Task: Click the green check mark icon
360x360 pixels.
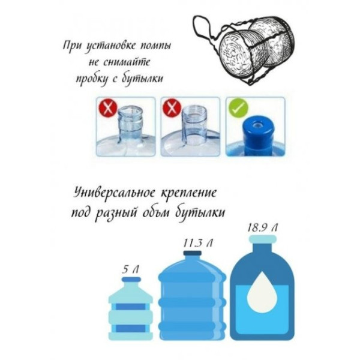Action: (238, 108)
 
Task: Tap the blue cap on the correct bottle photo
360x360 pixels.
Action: (257, 134)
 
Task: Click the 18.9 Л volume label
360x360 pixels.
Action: (263, 228)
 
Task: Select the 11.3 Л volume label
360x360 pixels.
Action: (197, 244)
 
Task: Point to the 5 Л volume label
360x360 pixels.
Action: (130, 269)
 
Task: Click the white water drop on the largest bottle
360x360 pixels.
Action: (262, 290)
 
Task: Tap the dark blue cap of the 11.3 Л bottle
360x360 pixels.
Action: (193, 253)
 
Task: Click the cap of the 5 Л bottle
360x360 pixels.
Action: (131, 280)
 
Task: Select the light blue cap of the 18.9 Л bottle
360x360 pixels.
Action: (263, 239)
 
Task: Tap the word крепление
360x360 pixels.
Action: (189, 193)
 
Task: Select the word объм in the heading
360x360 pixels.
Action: (158, 213)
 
